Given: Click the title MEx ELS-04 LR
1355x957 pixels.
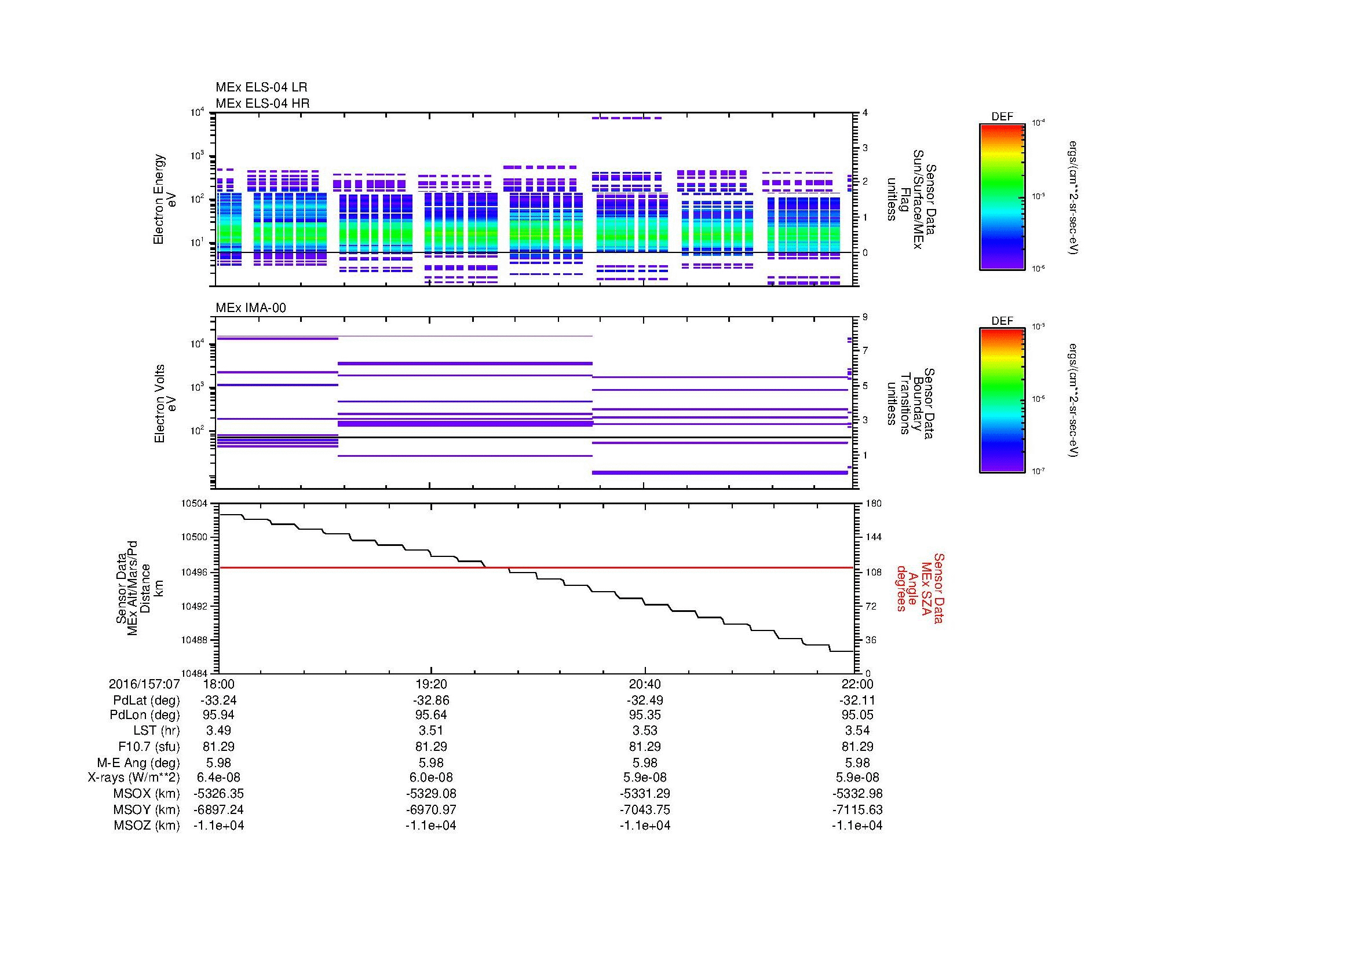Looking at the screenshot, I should click(x=261, y=87).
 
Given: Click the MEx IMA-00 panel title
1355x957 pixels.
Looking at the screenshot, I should click(x=251, y=308).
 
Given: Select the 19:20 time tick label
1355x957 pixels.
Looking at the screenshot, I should click(x=431, y=684).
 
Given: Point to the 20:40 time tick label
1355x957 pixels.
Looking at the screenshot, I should click(x=645, y=684).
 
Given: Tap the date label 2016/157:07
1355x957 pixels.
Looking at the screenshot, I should click(x=144, y=684).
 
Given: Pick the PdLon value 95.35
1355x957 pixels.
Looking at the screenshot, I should click(x=645, y=715).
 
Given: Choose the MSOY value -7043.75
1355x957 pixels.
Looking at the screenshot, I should click(x=645, y=809).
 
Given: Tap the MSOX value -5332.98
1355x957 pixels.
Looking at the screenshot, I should click(x=857, y=794).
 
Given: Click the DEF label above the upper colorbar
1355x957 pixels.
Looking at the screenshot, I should click(x=1002, y=117).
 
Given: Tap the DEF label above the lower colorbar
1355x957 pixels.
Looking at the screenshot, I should click(x=1002, y=321).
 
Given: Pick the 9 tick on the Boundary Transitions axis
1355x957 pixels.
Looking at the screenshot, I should click(x=865, y=317).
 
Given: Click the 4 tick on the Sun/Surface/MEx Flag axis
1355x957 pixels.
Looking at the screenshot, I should click(x=865, y=113).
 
